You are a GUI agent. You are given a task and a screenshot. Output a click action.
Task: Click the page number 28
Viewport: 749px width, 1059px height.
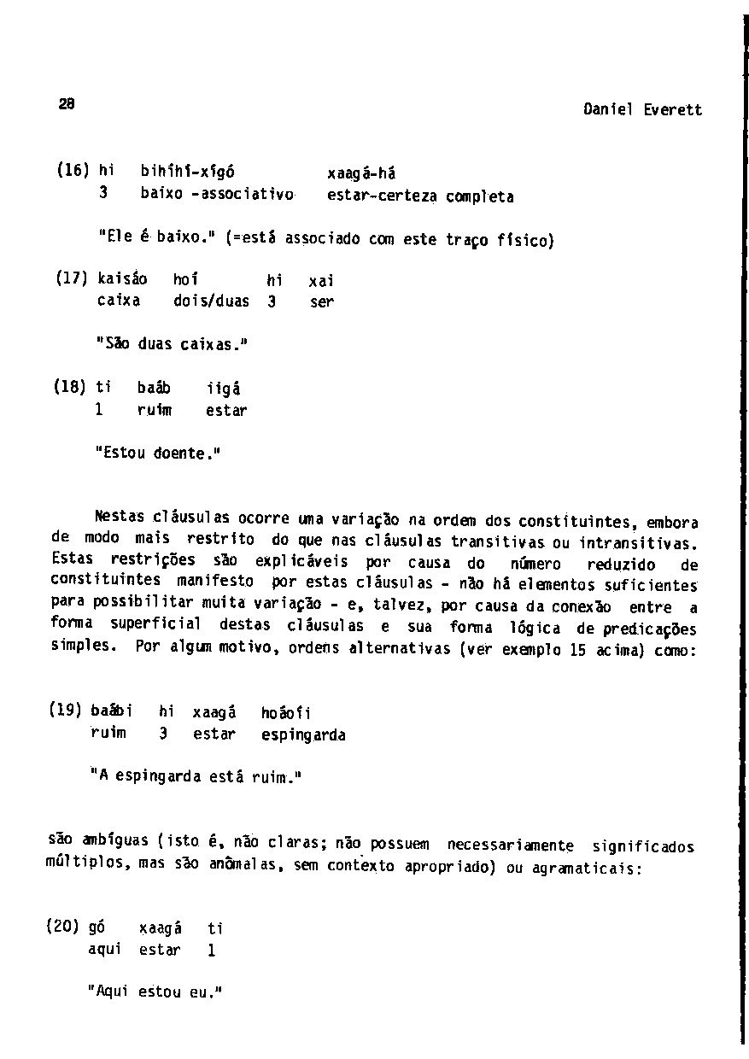pos(67,104)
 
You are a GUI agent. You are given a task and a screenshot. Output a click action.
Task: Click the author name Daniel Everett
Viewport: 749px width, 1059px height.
pos(642,109)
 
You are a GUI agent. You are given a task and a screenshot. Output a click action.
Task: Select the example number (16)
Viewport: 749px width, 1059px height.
pos(72,170)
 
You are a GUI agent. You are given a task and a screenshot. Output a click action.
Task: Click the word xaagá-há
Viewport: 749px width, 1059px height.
pos(361,173)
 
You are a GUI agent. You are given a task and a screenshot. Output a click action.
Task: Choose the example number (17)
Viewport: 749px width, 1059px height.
pos(72,278)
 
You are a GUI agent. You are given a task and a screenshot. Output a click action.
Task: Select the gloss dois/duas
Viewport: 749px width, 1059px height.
pos(211,301)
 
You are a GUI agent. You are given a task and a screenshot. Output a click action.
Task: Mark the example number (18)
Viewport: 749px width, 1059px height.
pos(72,388)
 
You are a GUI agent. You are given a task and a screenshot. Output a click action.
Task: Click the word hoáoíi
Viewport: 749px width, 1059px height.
pos(287,712)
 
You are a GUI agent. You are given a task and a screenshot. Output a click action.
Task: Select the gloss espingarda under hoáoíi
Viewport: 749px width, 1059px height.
pos(303,734)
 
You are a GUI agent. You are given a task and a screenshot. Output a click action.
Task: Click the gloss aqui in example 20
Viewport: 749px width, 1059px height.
pos(104,950)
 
